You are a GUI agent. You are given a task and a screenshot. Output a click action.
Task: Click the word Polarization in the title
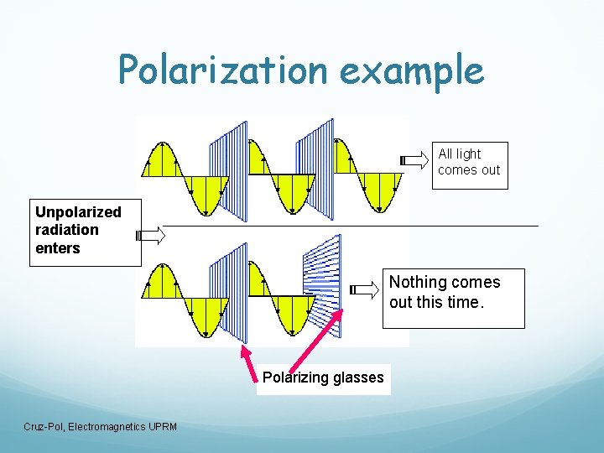pyautogui.click(x=221, y=70)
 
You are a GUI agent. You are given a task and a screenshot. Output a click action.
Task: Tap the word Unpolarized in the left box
pyautogui.click(x=78, y=212)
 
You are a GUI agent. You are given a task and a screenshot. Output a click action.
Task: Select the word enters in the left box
pyautogui.click(x=58, y=248)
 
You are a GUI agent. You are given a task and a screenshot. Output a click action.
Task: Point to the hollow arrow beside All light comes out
pyautogui.click(x=414, y=160)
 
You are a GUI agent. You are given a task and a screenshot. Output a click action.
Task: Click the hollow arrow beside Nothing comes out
pyautogui.click(x=364, y=290)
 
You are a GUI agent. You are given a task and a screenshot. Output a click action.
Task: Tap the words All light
pyautogui.click(x=460, y=154)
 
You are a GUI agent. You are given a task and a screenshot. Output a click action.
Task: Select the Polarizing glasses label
pyautogui.click(x=323, y=377)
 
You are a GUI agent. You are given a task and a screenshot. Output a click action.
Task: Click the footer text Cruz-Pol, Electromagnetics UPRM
pyautogui.click(x=101, y=428)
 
